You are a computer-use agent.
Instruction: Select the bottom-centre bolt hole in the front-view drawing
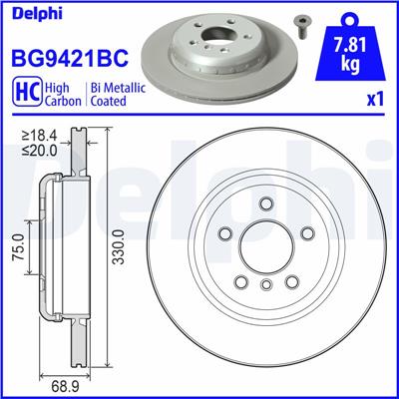(x=266, y=286)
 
